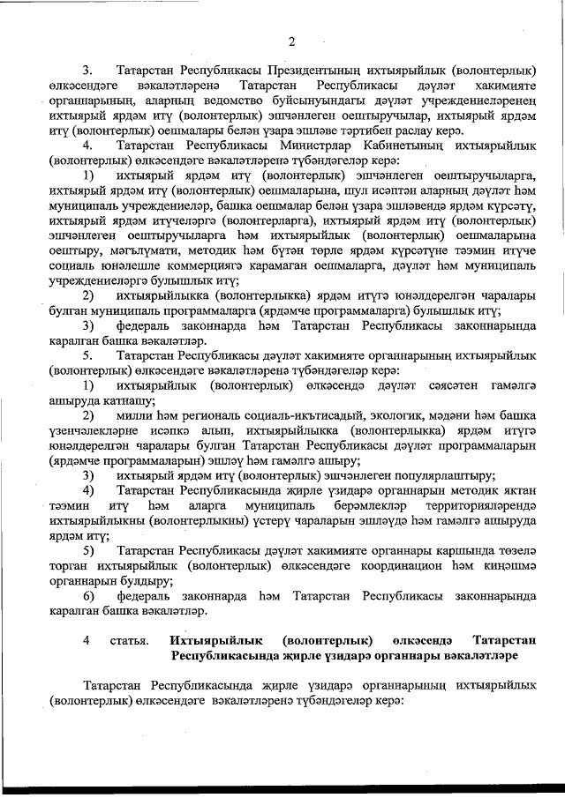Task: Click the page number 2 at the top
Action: [x=290, y=41]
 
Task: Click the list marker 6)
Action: [x=88, y=597]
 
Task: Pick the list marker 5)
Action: [x=88, y=551]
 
